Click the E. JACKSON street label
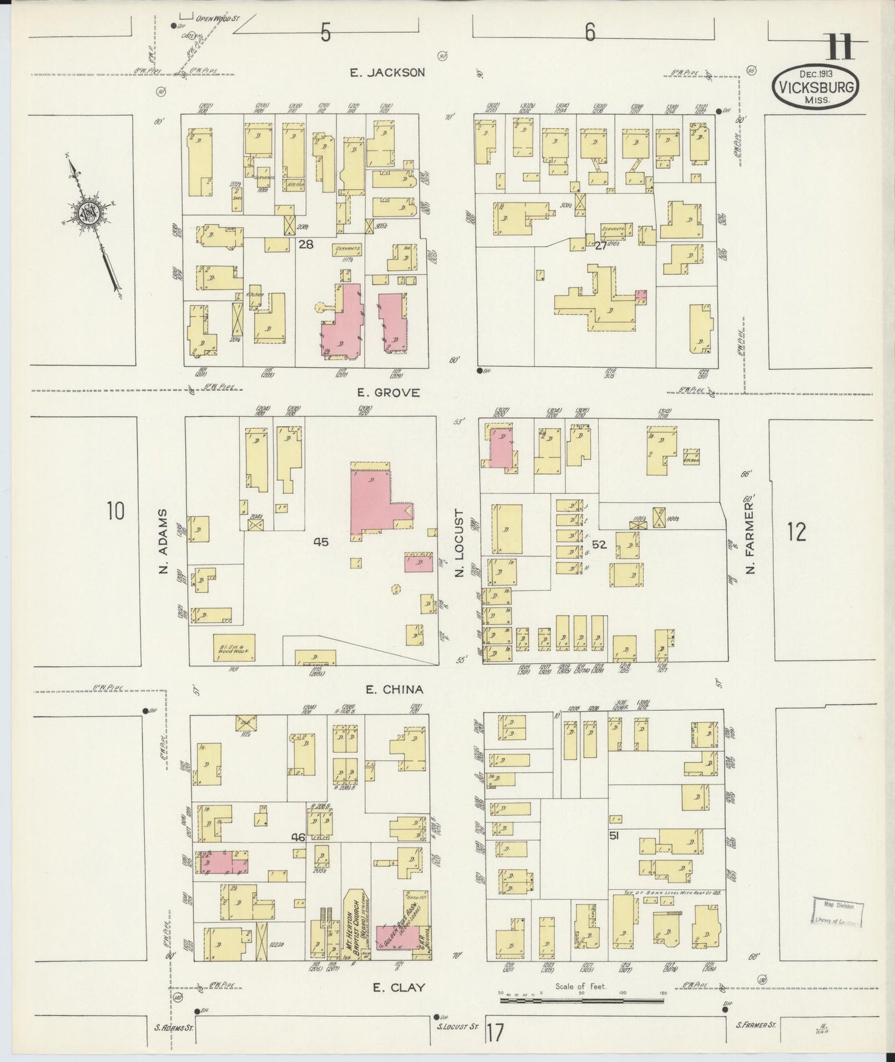[387, 72]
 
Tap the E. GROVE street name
[389, 393]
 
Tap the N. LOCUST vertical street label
[459, 543]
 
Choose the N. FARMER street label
[751, 542]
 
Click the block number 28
[305, 245]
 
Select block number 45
[320, 542]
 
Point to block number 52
[598, 545]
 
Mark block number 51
[614, 836]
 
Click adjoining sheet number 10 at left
[115, 512]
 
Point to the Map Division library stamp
[837, 913]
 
